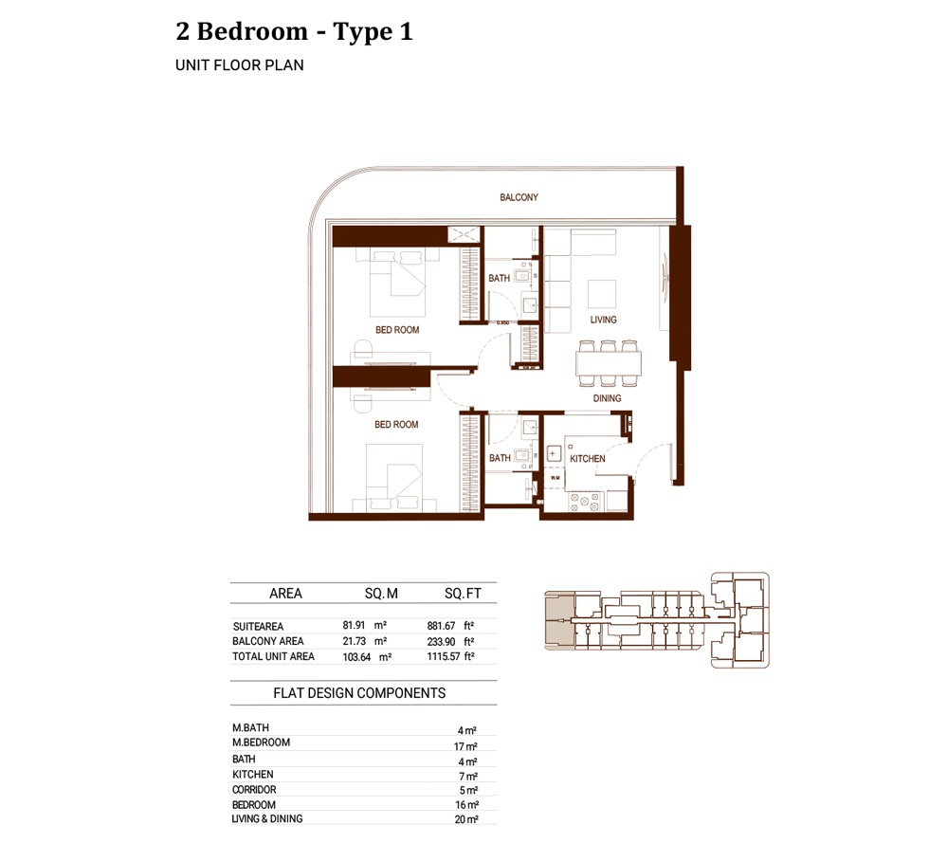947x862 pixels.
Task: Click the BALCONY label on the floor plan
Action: coord(519,197)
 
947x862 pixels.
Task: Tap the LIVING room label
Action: coord(603,320)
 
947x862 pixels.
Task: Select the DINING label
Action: coord(607,398)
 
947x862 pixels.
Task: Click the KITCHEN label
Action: coord(587,459)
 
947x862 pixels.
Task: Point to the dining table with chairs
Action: coord(608,363)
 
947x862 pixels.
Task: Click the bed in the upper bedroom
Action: coord(398,282)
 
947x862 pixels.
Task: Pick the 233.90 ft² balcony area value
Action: coord(450,641)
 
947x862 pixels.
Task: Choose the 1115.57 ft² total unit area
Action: coord(450,656)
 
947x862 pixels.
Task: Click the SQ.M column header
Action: coord(381,594)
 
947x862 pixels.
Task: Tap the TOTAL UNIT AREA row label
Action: coord(273,656)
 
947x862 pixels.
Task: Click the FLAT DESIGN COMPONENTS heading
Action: coord(359,693)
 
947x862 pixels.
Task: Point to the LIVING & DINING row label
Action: coord(267,818)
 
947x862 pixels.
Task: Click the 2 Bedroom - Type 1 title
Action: coord(294,31)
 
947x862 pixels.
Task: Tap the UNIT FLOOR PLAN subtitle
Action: coord(239,66)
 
